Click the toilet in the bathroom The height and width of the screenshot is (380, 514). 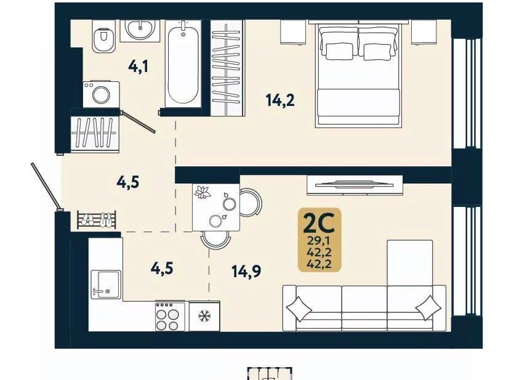[103, 37]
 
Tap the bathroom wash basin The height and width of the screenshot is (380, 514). [140, 30]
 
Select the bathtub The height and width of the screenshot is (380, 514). [183, 63]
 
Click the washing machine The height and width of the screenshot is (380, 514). [101, 94]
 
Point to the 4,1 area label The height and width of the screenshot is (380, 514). [138, 67]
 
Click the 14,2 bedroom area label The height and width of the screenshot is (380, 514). [280, 100]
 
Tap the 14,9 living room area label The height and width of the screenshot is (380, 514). [246, 272]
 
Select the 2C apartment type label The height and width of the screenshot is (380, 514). [319, 222]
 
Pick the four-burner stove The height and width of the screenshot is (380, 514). [170, 316]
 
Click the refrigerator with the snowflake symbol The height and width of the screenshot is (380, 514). [204, 316]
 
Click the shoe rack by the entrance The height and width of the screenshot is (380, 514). [97, 219]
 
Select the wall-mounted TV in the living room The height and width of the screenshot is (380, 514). [355, 185]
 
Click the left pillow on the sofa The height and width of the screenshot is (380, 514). [299, 309]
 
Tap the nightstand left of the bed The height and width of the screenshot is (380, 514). [294, 32]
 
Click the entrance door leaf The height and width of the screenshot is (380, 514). [47, 187]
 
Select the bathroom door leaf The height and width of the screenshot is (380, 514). [138, 122]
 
